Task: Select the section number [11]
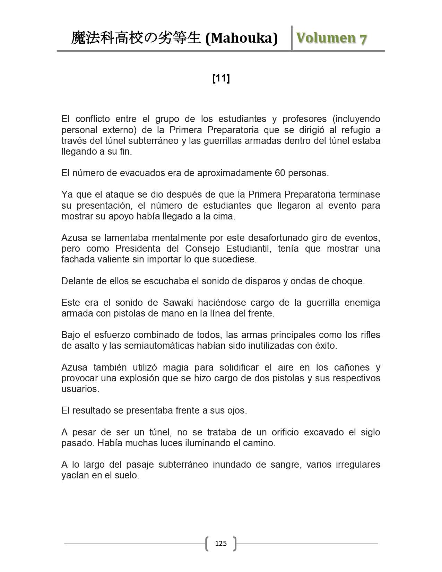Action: [221, 79]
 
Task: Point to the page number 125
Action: [221, 543]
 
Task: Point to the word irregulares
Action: [358, 465]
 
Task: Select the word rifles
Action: [371, 335]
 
